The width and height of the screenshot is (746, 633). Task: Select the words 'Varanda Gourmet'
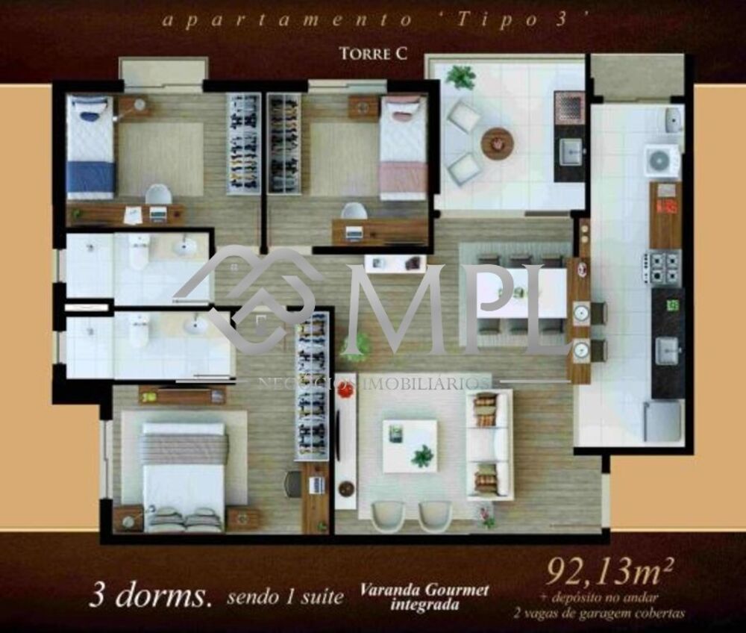tap(424, 590)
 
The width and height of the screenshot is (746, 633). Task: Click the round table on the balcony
tap(497, 143)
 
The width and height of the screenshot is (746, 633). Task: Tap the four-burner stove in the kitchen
tap(663, 267)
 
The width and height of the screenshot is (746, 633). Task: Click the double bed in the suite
tap(184, 475)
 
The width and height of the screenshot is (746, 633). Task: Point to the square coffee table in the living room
tap(410, 446)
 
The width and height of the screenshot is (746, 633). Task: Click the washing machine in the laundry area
tap(662, 160)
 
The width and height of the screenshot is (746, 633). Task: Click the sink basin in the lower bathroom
tap(196, 325)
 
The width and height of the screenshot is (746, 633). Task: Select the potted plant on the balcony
tap(460, 77)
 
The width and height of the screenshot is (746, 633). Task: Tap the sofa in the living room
tap(489, 445)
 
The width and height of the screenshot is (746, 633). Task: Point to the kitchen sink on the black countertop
tap(666, 349)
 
